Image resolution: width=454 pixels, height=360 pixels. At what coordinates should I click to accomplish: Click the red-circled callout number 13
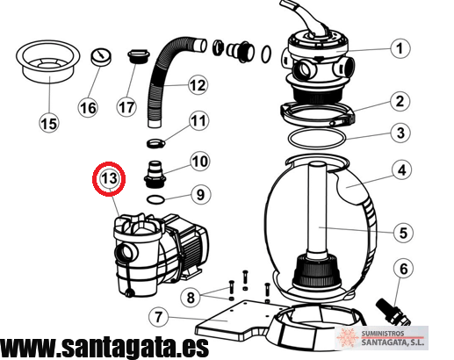[109, 178]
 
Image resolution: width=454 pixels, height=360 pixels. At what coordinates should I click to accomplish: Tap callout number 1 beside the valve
[400, 48]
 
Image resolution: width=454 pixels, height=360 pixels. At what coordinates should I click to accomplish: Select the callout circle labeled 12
[198, 85]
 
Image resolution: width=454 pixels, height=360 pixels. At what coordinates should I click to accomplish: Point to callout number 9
[200, 194]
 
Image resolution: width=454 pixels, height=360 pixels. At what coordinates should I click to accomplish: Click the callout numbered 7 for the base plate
[158, 317]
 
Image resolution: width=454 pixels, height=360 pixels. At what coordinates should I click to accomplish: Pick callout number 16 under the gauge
[88, 108]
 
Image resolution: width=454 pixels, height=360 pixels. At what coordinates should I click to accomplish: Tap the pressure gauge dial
[101, 57]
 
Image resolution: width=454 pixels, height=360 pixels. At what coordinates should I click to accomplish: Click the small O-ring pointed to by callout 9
[155, 199]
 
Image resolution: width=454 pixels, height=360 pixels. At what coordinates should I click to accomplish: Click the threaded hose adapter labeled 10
[155, 175]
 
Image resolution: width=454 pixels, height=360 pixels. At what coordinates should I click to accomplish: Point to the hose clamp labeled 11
[155, 143]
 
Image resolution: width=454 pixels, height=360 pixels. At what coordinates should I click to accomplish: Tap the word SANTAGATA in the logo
[393, 342]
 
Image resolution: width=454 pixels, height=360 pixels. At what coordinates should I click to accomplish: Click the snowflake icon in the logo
[348, 337]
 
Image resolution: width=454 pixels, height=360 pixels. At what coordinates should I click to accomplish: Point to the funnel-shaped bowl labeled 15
[47, 61]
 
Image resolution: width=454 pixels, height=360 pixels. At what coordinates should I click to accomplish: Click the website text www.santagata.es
[104, 347]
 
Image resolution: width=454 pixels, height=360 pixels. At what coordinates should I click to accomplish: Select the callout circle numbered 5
[403, 233]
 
